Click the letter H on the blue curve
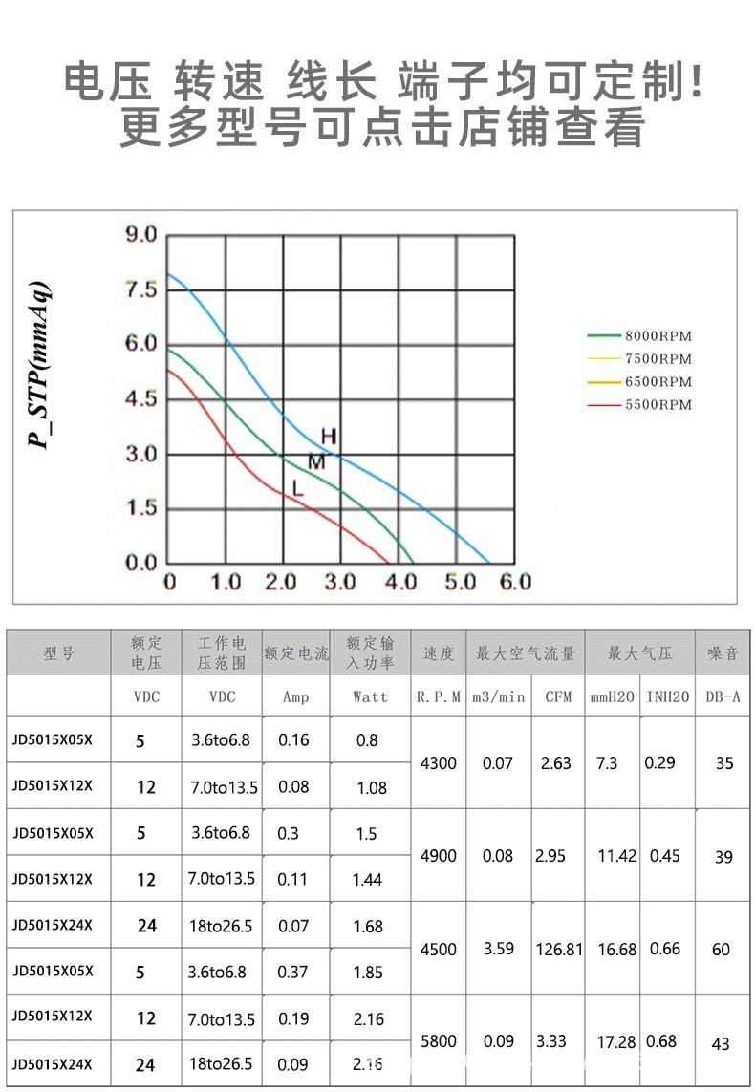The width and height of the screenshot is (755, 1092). coord(328,437)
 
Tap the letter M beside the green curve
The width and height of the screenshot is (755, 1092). coord(316,462)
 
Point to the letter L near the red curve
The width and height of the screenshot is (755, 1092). coord(298,488)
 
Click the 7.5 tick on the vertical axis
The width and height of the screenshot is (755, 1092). coord(141,290)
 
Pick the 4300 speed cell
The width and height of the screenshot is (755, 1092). coord(439,763)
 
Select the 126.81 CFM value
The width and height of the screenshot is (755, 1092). coord(559,950)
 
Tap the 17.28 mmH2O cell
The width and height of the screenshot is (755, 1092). coord(616,1042)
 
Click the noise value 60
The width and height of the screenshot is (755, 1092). coord(721,950)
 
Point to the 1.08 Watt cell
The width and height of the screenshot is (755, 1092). coord(371,788)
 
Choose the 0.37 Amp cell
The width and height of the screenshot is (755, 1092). coord(292,973)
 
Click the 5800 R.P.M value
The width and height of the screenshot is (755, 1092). coord(439,1041)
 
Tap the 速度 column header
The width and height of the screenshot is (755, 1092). coord(439,654)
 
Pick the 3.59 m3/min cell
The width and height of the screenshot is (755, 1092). coord(498,950)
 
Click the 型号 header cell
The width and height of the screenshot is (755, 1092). coord(58,654)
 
